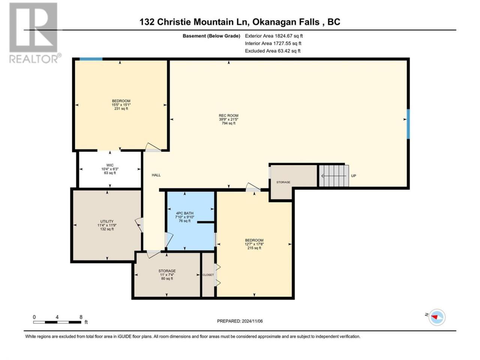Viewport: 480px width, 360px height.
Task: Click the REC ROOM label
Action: (x=228, y=115)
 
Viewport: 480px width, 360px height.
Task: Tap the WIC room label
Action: (x=110, y=165)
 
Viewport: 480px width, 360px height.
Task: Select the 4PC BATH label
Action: (x=184, y=213)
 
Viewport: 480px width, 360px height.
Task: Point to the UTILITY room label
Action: (x=107, y=221)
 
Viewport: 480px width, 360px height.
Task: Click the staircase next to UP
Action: (x=334, y=176)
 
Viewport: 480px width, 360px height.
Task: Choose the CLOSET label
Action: (x=208, y=275)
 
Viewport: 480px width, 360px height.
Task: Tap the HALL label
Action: (x=156, y=175)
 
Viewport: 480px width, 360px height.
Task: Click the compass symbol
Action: (x=437, y=317)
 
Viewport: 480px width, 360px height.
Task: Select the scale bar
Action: (x=57, y=322)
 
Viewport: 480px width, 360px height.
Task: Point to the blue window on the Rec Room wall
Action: (x=408, y=124)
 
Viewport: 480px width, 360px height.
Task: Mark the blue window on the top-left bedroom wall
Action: (x=91, y=59)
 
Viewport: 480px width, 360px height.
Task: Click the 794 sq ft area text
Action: (x=228, y=123)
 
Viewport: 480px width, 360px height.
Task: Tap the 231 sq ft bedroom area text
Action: (x=121, y=109)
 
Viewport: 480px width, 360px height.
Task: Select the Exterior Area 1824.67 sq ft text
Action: (x=274, y=36)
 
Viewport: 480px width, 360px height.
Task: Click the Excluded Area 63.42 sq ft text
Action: (x=273, y=51)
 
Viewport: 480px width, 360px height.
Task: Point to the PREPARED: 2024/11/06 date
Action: (x=240, y=321)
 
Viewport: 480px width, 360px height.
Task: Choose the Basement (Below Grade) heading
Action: (x=211, y=36)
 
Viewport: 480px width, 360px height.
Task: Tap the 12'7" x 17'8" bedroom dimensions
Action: (x=254, y=244)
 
